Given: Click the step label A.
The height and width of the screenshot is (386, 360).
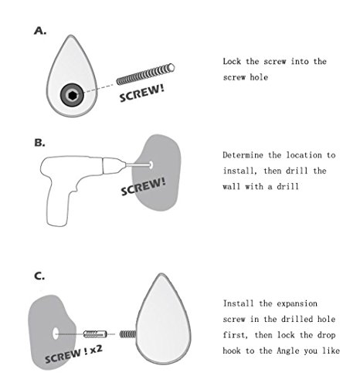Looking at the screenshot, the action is pyautogui.click(x=40, y=31).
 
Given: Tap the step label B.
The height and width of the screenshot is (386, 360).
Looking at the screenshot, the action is pyautogui.click(x=39, y=143).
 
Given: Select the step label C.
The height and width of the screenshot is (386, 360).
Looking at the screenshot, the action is pyautogui.click(x=39, y=276).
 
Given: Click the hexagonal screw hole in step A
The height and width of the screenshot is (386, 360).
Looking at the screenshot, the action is pyautogui.click(x=73, y=96).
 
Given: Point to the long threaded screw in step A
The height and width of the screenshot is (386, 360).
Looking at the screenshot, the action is pyautogui.click(x=145, y=74).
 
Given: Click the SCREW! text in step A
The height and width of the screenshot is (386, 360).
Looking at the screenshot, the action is pyautogui.click(x=142, y=93).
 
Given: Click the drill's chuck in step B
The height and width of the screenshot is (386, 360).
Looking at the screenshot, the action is pyautogui.click(x=114, y=165).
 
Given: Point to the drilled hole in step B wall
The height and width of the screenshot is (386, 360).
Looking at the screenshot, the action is pyautogui.click(x=151, y=164).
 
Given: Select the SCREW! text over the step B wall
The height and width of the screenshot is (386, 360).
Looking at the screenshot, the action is pyautogui.click(x=143, y=187).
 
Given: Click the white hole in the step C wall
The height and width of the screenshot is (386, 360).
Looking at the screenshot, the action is pyautogui.click(x=56, y=334).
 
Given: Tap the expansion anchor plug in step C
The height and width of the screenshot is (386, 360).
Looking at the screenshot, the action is pyautogui.click(x=95, y=334).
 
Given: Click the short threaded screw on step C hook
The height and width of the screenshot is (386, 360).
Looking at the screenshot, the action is pyautogui.click(x=127, y=334).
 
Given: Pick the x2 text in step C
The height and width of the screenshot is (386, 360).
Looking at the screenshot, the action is pyautogui.click(x=97, y=349).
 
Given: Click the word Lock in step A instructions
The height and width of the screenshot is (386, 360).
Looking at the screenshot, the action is pyautogui.click(x=232, y=62).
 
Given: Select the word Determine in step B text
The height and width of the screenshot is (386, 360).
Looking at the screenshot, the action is pyautogui.click(x=243, y=155).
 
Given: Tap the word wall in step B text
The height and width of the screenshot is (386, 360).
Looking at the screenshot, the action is pyautogui.click(x=232, y=187).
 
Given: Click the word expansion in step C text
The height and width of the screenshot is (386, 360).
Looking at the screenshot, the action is pyautogui.click(x=297, y=304).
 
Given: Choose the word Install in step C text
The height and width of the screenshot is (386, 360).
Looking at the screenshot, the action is pyautogui.click(x=239, y=303).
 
